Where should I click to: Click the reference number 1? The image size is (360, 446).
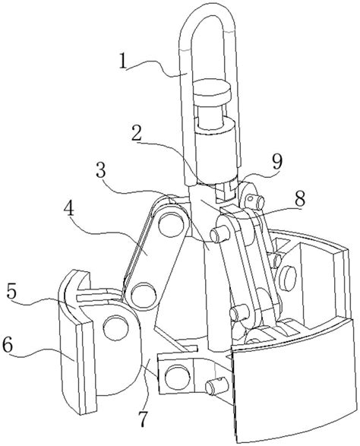pos(123,62)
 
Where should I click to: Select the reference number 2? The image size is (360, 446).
pos(137,134)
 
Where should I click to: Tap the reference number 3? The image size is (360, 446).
pos(100,170)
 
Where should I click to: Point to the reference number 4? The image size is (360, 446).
pos(69,209)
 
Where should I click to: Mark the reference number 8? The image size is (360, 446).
pos(300,198)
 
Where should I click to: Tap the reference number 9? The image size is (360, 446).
pos(277,162)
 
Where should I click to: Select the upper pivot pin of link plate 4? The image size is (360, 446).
pos(170,225)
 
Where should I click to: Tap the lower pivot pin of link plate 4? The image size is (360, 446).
pos(144,295)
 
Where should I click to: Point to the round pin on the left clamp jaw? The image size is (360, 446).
pos(116,327)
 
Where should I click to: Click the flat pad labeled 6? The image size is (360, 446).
pos(76,358)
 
